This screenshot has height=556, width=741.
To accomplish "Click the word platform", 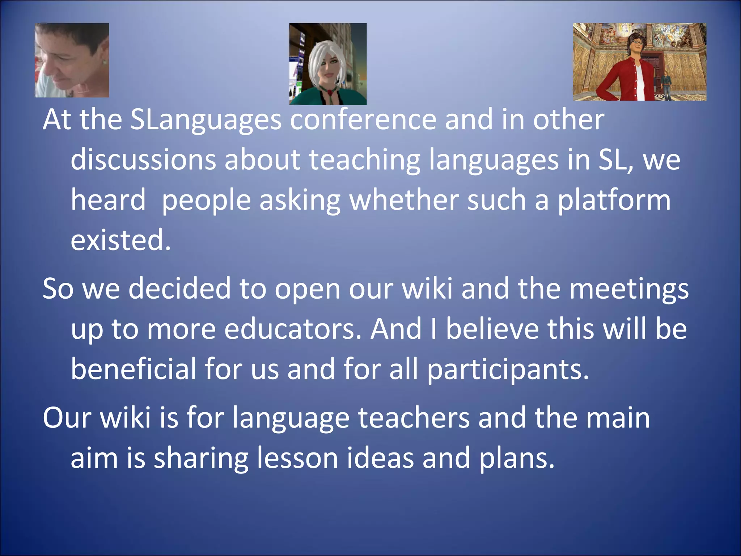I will point(614,201).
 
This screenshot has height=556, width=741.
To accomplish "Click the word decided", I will point(179,288).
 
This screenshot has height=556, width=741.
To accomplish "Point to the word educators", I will point(293,329).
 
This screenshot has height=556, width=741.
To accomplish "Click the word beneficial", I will point(133,369).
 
